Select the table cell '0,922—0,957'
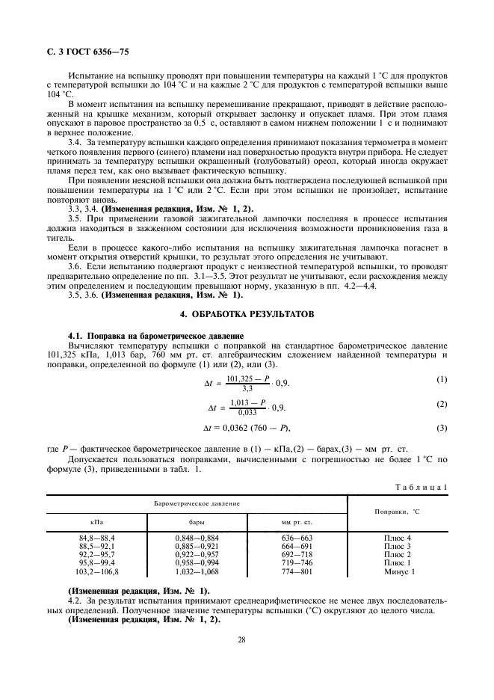197,555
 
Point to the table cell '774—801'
297,571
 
